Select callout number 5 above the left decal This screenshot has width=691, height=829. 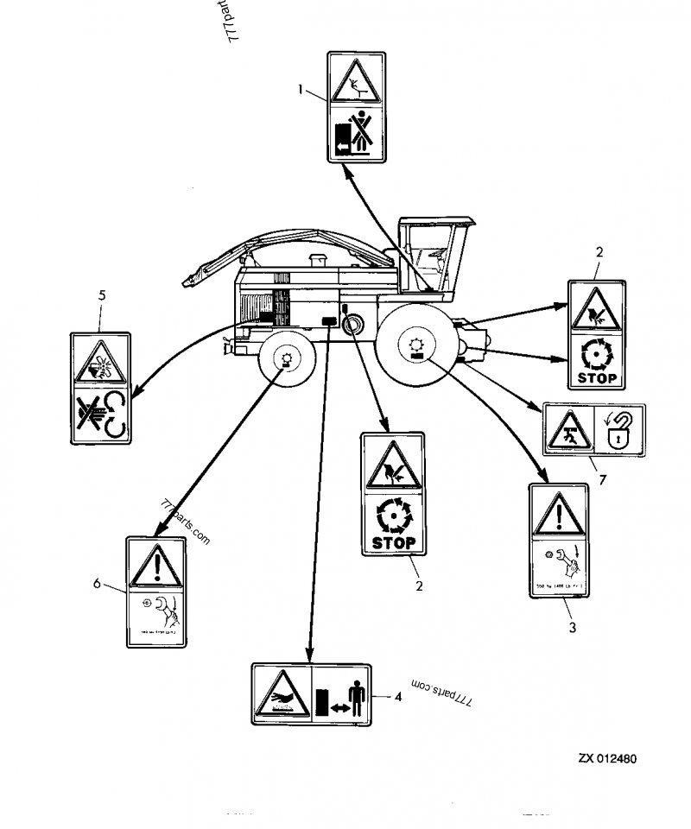coord(102,295)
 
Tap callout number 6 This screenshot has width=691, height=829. coord(97,584)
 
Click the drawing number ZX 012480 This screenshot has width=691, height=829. coord(607,759)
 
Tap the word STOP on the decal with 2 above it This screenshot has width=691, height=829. coord(597,377)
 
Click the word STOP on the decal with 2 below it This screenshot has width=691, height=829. coord(393,543)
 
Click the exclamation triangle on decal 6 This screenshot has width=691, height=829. coord(155,566)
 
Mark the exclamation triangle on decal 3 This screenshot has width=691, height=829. coord(558,516)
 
